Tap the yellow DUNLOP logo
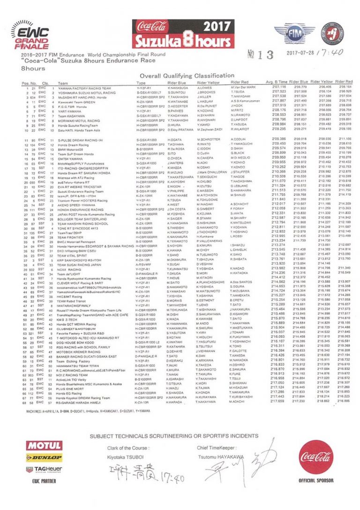[45, 457]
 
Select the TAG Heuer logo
[45, 468]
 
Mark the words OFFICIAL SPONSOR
[316, 481]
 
